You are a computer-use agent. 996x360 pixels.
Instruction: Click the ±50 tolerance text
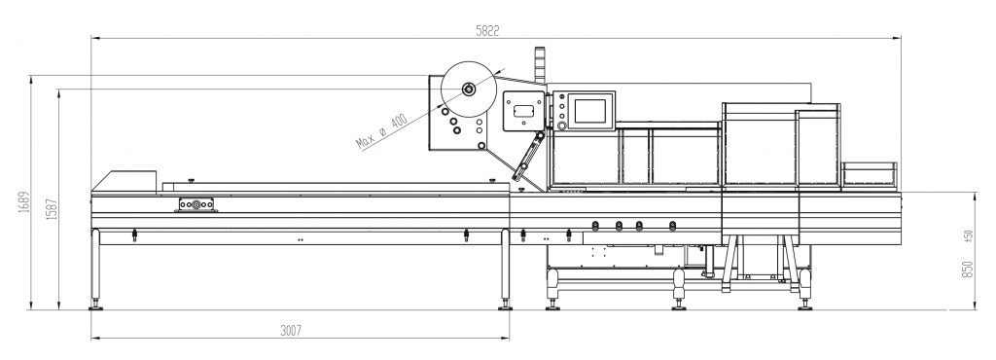[x=967, y=236]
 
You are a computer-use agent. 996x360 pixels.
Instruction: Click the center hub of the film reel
[x=468, y=90]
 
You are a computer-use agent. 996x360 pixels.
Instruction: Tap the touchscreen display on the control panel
[x=592, y=108]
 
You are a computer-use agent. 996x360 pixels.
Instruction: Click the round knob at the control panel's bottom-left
[x=560, y=125]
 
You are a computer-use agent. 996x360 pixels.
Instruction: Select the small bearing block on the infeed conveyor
[x=196, y=205]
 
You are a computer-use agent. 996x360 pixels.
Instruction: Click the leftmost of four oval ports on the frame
[x=594, y=227]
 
